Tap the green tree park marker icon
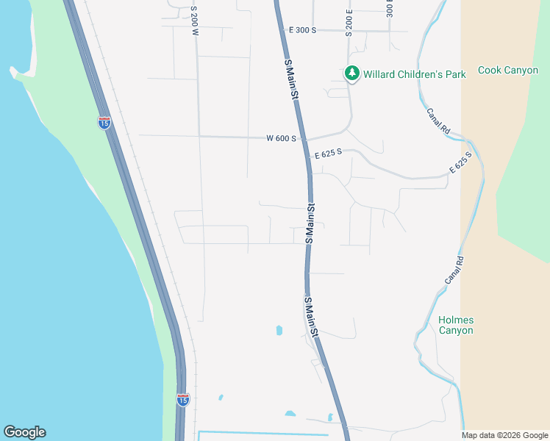pyautogui.click(x=352, y=73)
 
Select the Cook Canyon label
pyautogui.click(x=508, y=71)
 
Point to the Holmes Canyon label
pyautogui.click(x=456, y=325)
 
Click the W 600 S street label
pyautogui.click(x=281, y=138)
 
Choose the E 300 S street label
pyautogui.click(x=302, y=30)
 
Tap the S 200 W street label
pyautogui.click(x=194, y=20)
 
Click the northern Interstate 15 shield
pyautogui.click(x=104, y=122)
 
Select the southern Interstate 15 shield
pyautogui.click(x=183, y=399)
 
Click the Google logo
pyautogui.click(x=24, y=432)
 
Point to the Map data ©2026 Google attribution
pyautogui.click(x=504, y=435)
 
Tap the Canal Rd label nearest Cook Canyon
pyautogui.click(x=438, y=121)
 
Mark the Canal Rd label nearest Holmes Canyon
pyautogui.click(x=454, y=270)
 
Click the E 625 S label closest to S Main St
pyautogui.click(x=329, y=155)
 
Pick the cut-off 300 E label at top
pyautogui.click(x=390, y=9)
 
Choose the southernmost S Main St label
pyautogui.click(x=312, y=316)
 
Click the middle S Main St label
pyautogui.click(x=310, y=224)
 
